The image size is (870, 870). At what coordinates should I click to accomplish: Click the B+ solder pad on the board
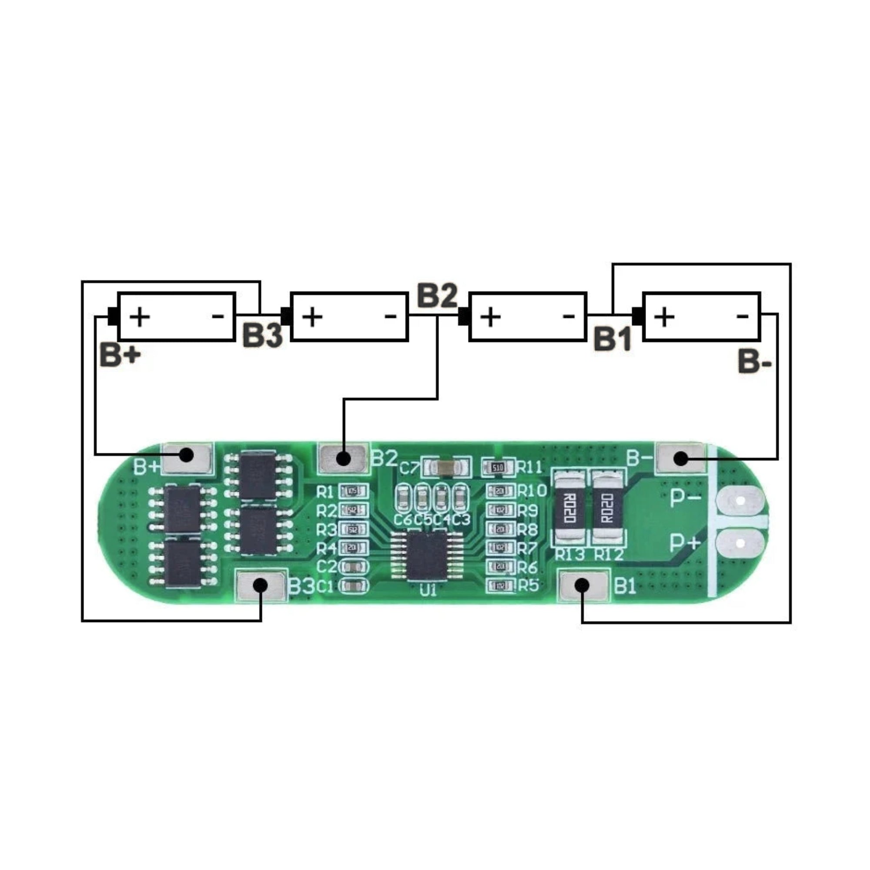point(187,458)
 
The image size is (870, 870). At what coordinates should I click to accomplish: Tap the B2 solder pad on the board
point(344,458)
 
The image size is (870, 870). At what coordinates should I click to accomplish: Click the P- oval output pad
point(740,500)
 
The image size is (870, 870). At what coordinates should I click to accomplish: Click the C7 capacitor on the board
point(446,468)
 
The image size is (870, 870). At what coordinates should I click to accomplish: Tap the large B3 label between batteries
point(263,335)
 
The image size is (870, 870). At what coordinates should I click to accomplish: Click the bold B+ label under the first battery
point(120,355)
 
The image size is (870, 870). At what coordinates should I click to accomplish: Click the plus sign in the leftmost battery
point(140,317)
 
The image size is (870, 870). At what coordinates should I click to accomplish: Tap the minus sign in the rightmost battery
point(742,317)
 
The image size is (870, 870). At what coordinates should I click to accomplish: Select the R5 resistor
point(500,586)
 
